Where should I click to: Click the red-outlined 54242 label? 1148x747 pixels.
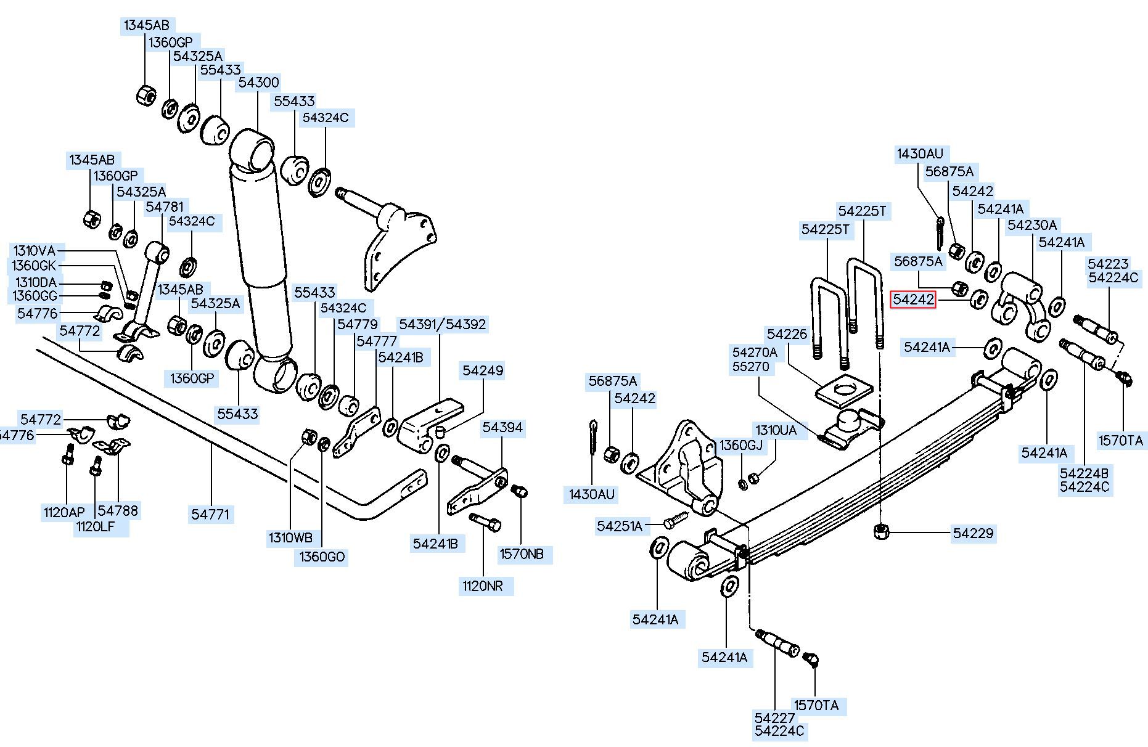coord(913,300)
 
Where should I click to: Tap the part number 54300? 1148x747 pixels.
coord(258,83)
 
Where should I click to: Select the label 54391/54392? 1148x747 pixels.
coord(442,324)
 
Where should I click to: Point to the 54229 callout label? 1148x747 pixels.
coord(974,533)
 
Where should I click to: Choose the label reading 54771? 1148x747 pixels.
coord(211,514)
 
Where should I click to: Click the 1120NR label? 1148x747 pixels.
coord(483,586)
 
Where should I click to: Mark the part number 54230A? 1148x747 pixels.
coord(1032,226)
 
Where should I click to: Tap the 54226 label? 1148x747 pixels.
coord(787,334)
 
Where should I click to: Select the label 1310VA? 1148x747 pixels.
coord(35,251)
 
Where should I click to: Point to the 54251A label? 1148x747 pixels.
coord(620,526)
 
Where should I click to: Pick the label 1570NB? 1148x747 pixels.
coord(522,554)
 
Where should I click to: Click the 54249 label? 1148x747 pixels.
coord(483,370)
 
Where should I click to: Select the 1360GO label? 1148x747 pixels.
coord(322,557)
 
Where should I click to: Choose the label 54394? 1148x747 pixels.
coord(502,427)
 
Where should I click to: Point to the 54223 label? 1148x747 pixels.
coord(1108,264)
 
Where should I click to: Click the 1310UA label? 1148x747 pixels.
coord(776,430)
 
